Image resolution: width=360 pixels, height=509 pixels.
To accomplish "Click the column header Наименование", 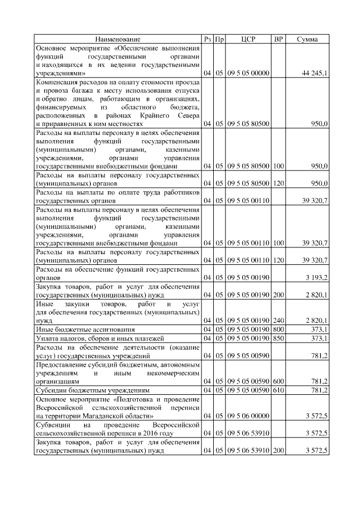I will (118, 39).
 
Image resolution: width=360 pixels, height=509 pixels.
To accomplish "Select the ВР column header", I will (278, 39).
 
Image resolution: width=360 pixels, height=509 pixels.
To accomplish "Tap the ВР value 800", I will (278, 328).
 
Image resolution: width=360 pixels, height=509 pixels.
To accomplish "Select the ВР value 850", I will (278, 337).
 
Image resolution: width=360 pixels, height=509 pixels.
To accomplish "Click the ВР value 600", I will (278, 380).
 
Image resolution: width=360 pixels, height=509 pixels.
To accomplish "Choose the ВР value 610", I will (278, 390).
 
